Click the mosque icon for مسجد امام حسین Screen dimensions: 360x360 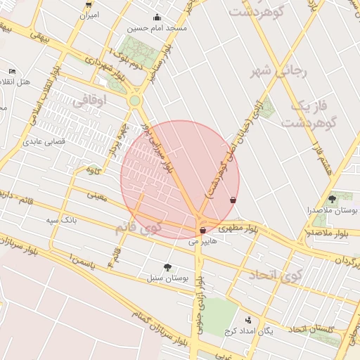pos(156,18)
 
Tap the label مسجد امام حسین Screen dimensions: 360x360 pos(156,29)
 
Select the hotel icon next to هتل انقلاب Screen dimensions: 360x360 pos(12,72)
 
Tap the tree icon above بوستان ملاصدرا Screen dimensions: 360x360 pos(332,199)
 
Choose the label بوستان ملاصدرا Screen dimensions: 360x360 pos(332,210)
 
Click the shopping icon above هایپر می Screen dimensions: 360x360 pos(202,230)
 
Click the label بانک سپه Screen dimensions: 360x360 pos(62,221)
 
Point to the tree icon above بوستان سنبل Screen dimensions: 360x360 pos(167,266)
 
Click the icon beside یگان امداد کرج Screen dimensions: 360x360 pos(247,320)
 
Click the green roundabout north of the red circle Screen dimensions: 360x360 pos(134,101)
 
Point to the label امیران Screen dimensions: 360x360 pos(89,15)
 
